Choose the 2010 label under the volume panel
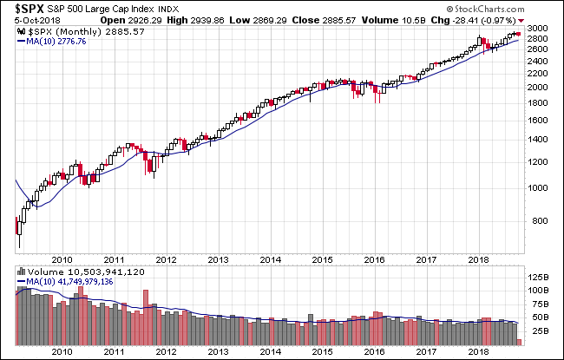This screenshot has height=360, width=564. (62, 351)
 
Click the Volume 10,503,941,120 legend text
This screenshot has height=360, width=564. (66, 272)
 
